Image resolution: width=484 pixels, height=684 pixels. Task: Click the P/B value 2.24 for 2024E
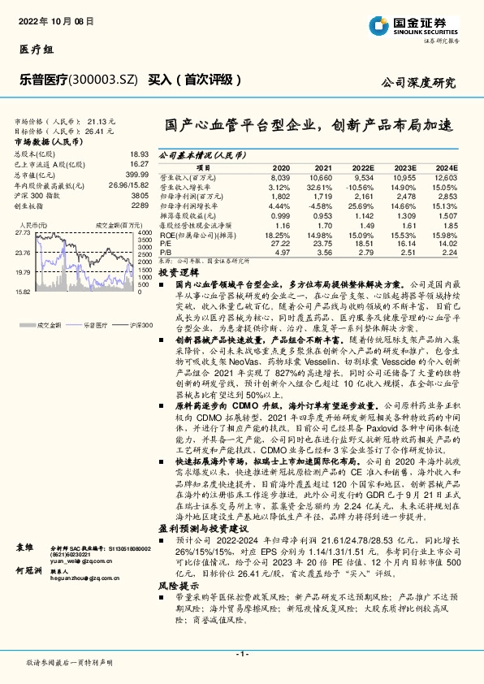pyautogui.click(x=447, y=252)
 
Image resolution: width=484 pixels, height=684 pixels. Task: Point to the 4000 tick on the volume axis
pyautogui.click(x=143, y=232)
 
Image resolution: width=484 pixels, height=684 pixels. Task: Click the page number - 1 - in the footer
pyautogui.click(x=241, y=654)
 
